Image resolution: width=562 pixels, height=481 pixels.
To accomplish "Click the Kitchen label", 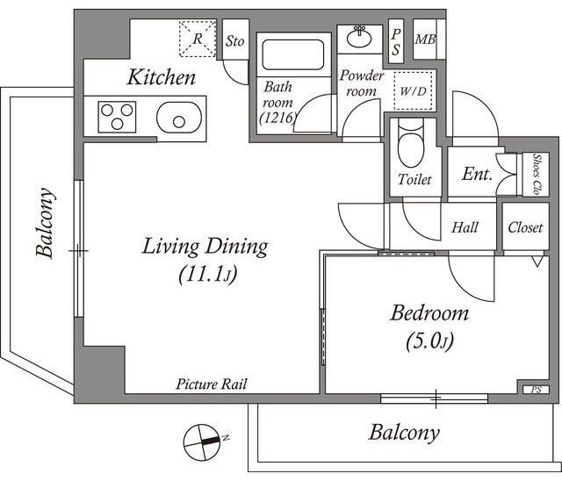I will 162,77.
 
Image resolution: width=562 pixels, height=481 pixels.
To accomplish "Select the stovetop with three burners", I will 118,117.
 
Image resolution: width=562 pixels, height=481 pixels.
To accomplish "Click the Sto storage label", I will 234,40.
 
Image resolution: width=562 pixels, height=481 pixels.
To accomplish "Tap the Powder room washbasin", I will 358,38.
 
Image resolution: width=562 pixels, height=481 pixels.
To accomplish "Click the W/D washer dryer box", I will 413,88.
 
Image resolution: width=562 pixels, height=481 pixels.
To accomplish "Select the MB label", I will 425,39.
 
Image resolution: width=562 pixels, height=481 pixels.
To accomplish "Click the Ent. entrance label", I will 476,174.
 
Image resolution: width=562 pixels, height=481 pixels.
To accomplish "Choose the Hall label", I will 465,227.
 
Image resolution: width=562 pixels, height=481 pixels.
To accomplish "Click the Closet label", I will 525,227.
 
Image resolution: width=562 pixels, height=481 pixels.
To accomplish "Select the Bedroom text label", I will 429,312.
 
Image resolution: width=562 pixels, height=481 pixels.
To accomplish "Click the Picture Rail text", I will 212,384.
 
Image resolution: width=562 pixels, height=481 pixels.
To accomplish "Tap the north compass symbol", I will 205,439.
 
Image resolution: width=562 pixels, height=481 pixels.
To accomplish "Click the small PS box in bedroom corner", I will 535,389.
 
